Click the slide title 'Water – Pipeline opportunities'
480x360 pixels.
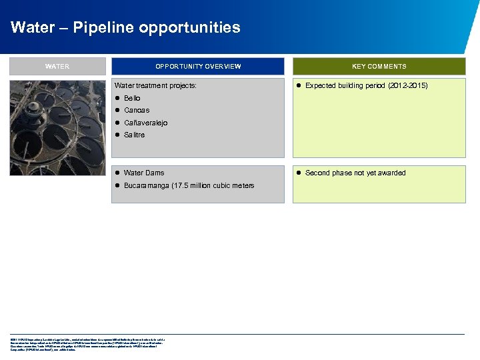tap(125, 28)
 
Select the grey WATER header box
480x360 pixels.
tap(57, 66)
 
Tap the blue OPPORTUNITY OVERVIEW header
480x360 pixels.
tap(198, 66)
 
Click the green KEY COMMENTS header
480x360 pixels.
tap(379, 66)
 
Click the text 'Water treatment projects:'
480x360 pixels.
tap(155, 86)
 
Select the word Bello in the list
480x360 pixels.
tap(132, 98)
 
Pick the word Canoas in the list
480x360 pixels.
tap(137, 110)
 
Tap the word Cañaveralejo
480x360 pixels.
tap(145, 123)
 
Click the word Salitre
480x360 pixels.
tap(134, 135)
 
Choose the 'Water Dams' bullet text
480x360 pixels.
tap(144, 173)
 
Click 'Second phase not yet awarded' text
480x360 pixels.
tap(355, 173)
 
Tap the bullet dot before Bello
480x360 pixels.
tap(117, 98)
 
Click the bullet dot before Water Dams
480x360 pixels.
tap(117, 173)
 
